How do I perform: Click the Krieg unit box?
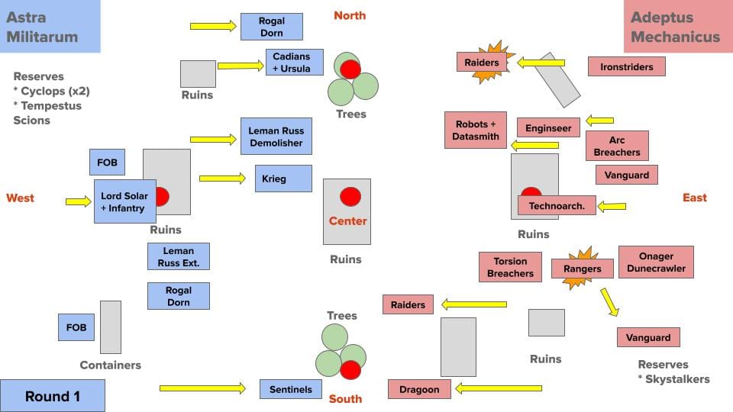(283, 179)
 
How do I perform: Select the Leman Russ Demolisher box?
(276, 137)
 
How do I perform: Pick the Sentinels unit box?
(290, 389)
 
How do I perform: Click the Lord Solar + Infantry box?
(125, 201)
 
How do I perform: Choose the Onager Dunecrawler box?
(656, 262)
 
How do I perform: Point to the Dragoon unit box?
(419, 389)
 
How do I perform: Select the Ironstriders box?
(626, 66)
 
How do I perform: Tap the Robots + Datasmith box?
(476, 130)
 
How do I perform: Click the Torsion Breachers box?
(510, 267)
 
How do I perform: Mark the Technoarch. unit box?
(557, 205)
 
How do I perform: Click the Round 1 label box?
(52, 396)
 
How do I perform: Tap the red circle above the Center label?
(350, 196)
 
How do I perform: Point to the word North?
(350, 15)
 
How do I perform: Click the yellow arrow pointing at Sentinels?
(202, 389)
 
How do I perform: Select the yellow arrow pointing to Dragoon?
(499, 389)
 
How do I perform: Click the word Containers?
(111, 365)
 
